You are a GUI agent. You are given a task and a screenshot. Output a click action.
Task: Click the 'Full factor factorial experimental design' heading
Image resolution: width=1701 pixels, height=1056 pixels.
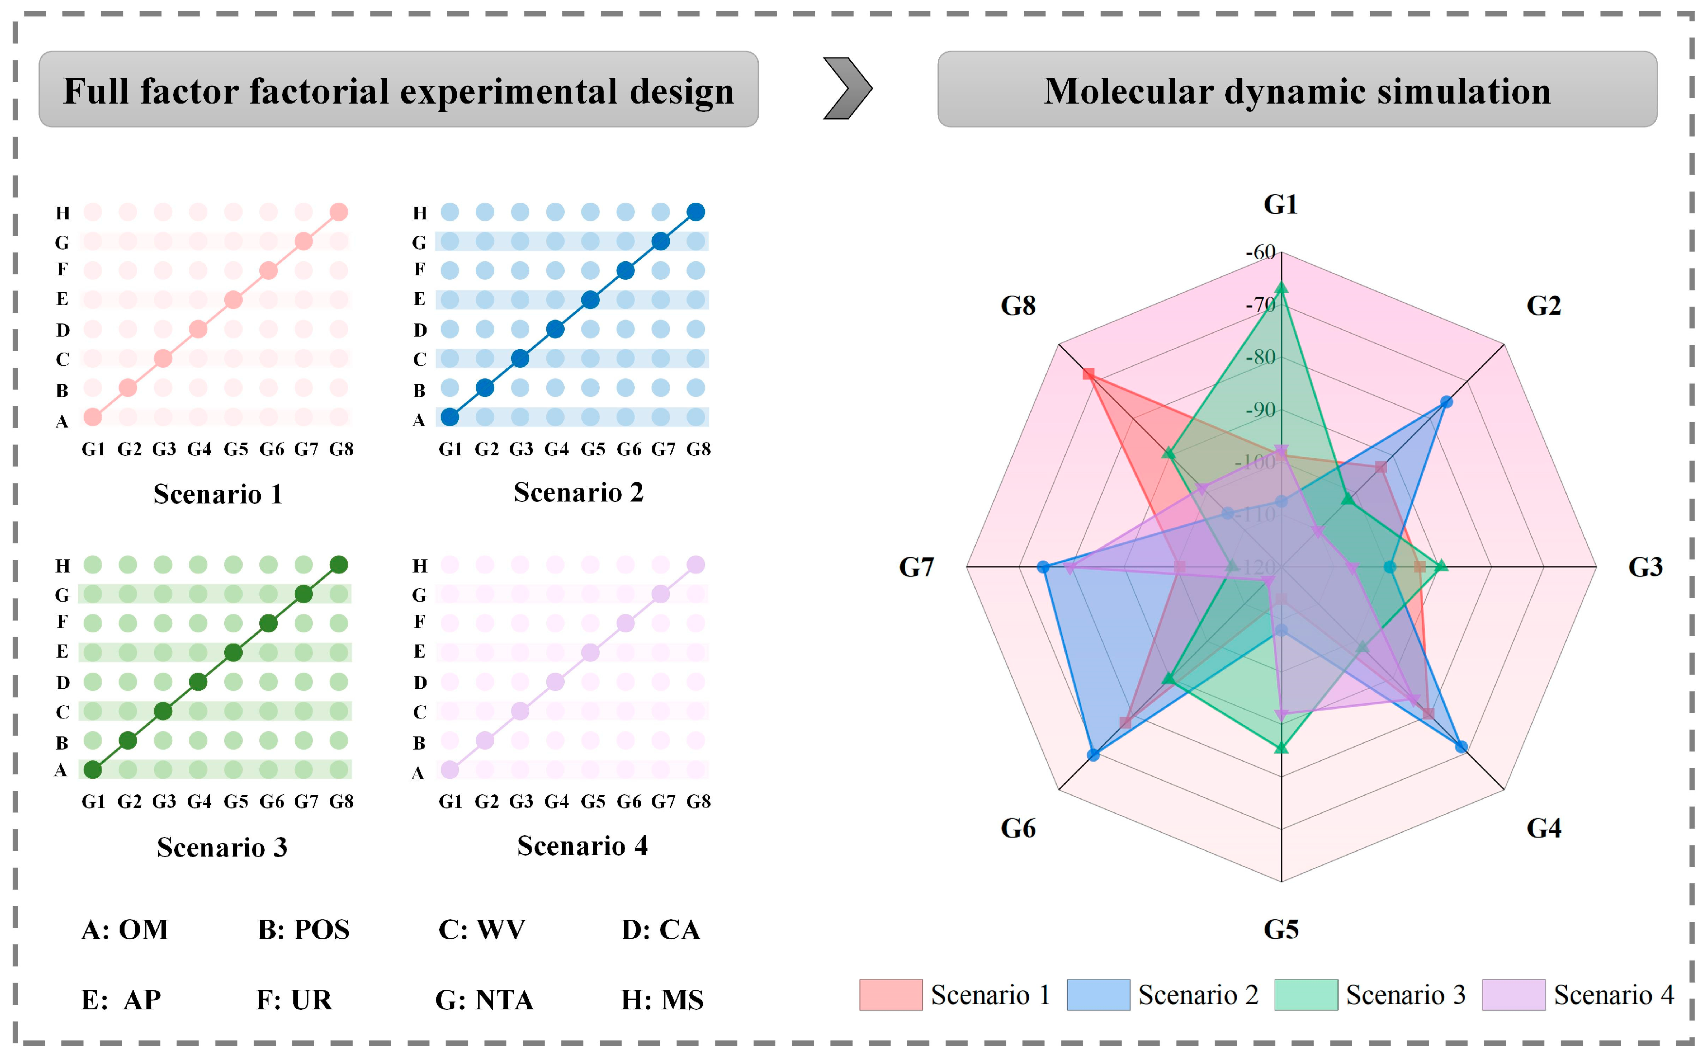pyautogui.click(x=398, y=91)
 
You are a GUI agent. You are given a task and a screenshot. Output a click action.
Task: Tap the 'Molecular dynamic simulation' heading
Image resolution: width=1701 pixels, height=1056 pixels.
pyautogui.click(x=1297, y=91)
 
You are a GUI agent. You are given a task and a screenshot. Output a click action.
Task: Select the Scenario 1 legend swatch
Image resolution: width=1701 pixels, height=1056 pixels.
pyautogui.click(x=890, y=995)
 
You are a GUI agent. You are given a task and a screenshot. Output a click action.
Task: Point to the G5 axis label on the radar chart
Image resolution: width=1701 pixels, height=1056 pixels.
pyautogui.click(x=1281, y=930)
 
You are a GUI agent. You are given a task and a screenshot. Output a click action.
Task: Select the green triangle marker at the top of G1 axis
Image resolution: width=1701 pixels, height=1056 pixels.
pyautogui.click(x=1281, y=287)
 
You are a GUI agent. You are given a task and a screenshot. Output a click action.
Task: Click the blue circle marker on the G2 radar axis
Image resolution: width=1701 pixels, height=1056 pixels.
pyautogui.click(x=1446, y=402)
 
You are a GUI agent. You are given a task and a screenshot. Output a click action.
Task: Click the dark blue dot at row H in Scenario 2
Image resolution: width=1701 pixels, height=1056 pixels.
pyautogui.click(x=696, y=212)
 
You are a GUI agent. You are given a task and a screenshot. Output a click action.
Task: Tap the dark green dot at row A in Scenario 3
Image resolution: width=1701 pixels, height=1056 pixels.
pyautogui.click(x=93, y=770)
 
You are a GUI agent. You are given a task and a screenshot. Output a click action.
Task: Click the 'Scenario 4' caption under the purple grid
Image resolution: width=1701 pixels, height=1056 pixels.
pyautogui.click(x=582, y=846)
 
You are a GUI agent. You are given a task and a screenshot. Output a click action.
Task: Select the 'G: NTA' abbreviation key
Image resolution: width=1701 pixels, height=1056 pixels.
pyautogui.click(x=484, y=1000)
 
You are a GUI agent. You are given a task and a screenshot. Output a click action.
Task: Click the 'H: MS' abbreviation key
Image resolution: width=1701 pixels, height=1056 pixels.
pyautogui.click(x=662, y=1000)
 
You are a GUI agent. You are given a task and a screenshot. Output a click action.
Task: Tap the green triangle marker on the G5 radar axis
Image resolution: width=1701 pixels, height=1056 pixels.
pyautogui.click(x=1281, y=748)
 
